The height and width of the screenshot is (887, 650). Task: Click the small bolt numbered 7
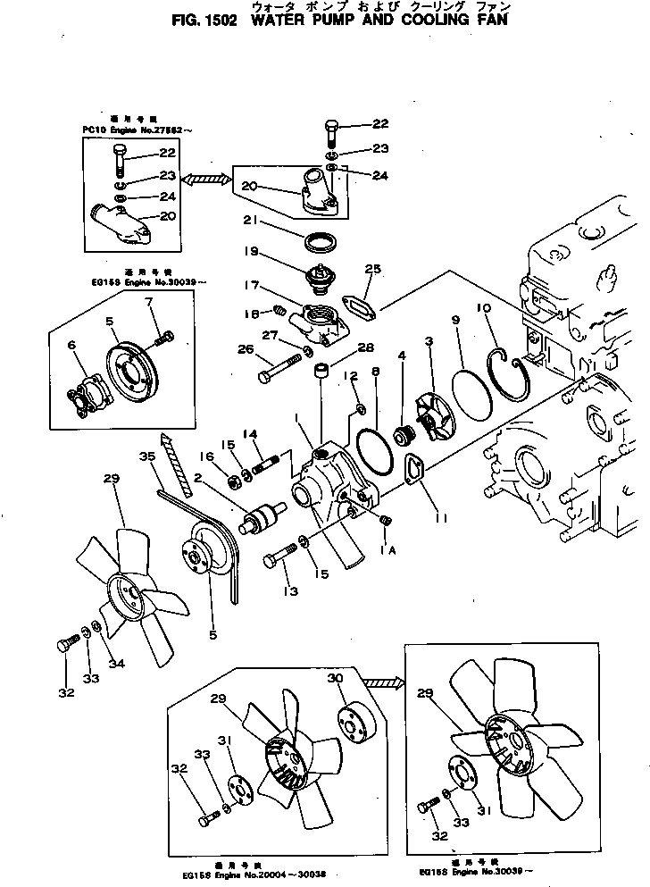pos(164,339)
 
